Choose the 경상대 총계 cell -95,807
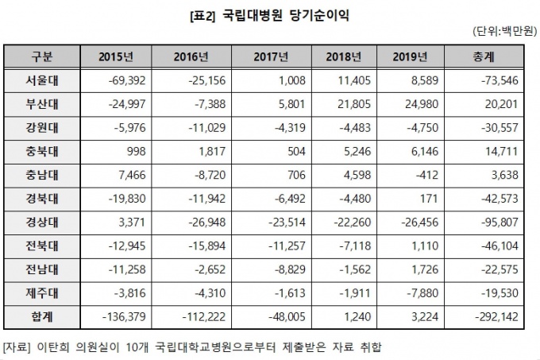[x=486, y=216]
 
